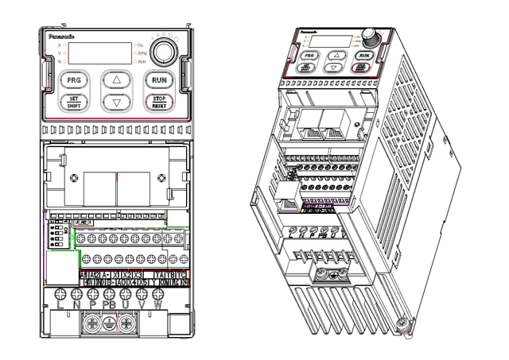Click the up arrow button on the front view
[x=116, y=79]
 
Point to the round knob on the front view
[x=164, y=52]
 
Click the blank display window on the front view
[x=99, y=52]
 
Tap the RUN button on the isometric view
[x=363, y=56]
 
